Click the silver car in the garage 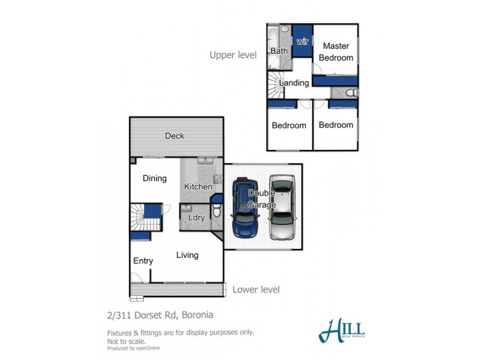click(282, 208)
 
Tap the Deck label click(175, 136)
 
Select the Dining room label click(154, 178)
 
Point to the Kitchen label click(198, 187)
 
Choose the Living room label click(187, 255)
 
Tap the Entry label click(143, 261)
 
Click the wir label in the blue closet click(302, 41)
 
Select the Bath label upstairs click(279, 52)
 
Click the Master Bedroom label click(335, 52)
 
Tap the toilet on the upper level click(352, 92)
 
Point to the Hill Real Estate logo click(341, 329)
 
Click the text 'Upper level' click(233, 55)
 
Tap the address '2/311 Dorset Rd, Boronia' click(160, 315)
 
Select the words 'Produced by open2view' click(133, 348)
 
